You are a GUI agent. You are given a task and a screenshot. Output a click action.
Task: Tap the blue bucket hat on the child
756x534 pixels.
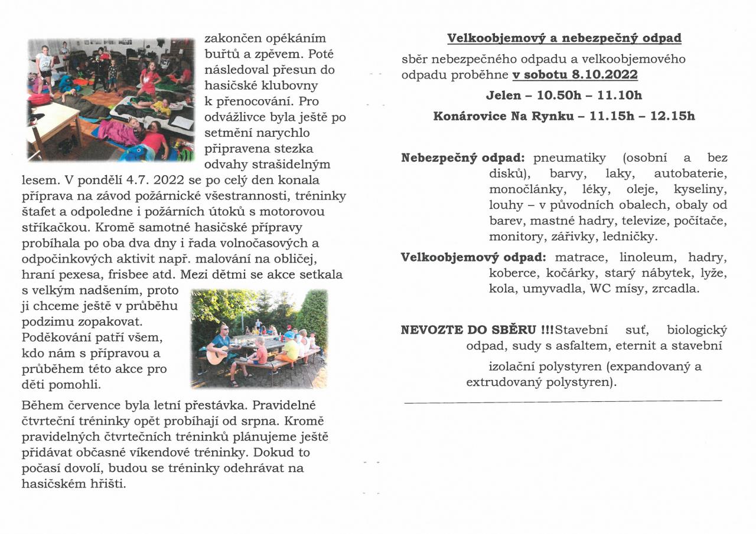[x=289, y=335]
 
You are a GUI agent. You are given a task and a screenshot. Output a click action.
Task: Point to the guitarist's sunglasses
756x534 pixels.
[x=224, y=329]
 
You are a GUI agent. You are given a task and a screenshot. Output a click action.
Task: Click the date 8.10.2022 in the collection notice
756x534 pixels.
[x=604, y=75]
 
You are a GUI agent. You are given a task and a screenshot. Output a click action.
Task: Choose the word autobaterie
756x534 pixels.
[x=690, y=174]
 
